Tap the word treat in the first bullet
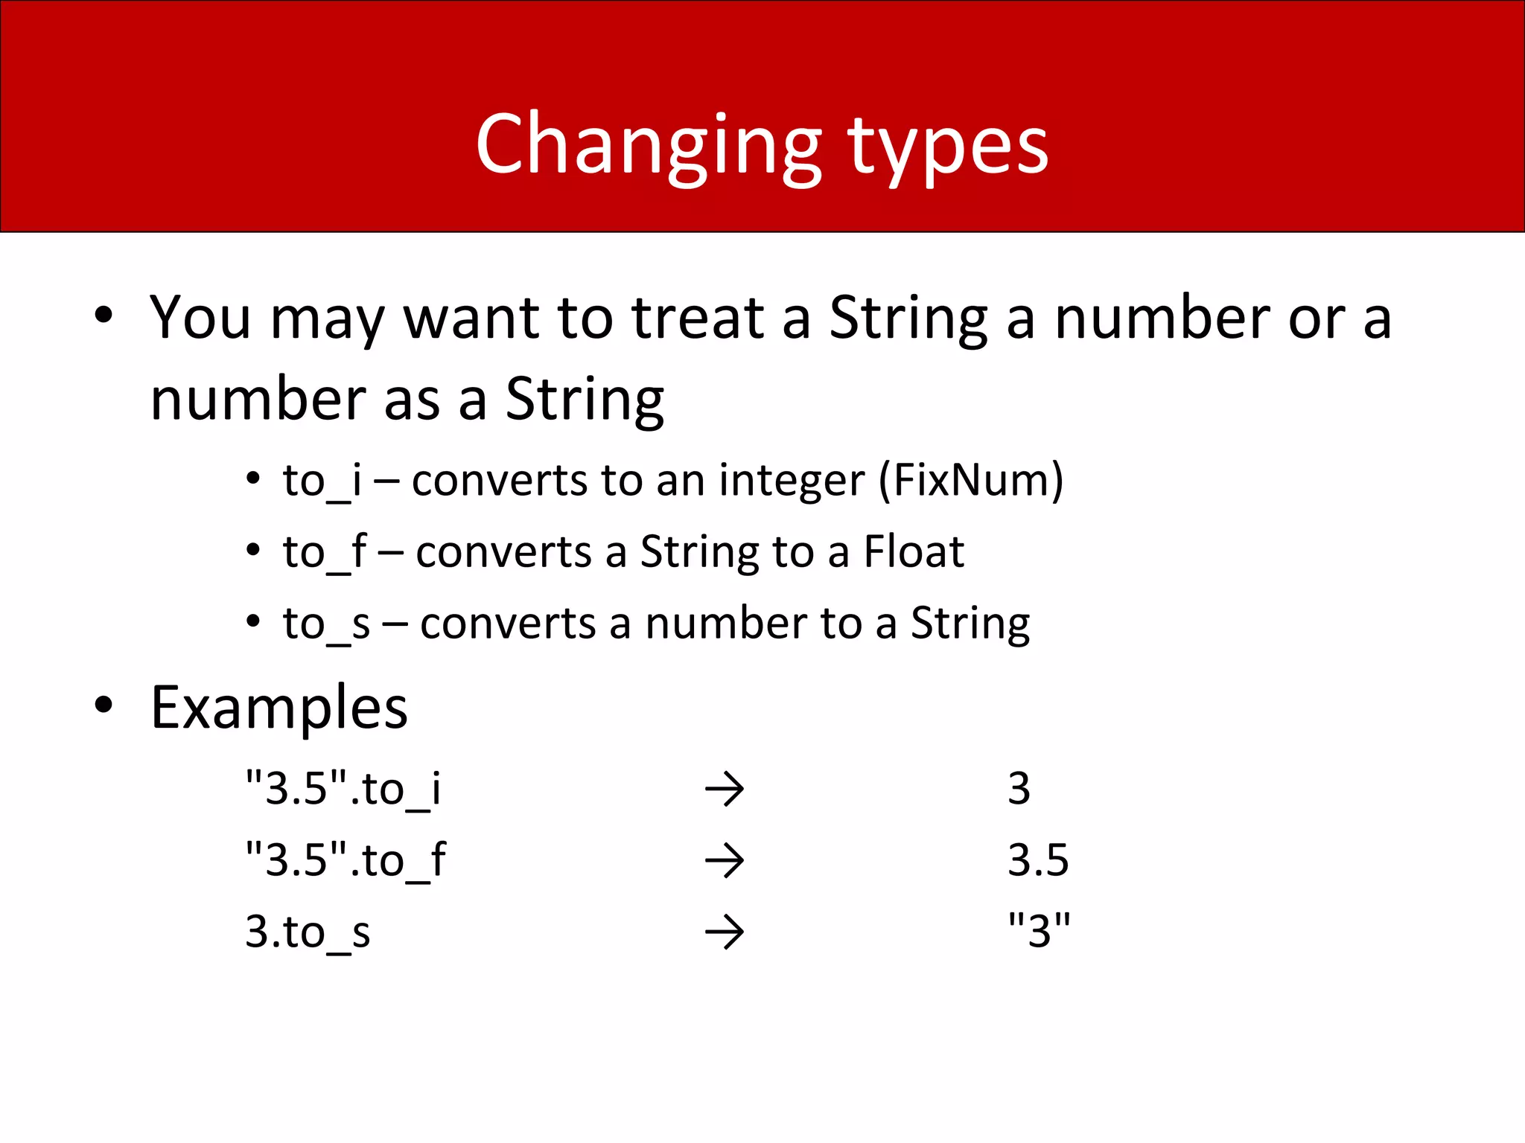[698, 318]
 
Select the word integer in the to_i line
[792, 481]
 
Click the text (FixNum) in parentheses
[971, 481]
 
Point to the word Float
[914, 552]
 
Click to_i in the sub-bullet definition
[322, 481]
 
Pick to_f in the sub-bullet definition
[325, 552]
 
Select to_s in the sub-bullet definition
[326, 624]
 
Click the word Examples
[279, 707]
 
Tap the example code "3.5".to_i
[343, 789]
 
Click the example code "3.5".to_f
[346, 860]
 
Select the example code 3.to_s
[308, 932]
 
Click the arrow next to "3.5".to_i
[725, 790]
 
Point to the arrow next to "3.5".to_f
[725, 861]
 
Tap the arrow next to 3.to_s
[725, 932]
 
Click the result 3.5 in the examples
[1038, 860]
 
